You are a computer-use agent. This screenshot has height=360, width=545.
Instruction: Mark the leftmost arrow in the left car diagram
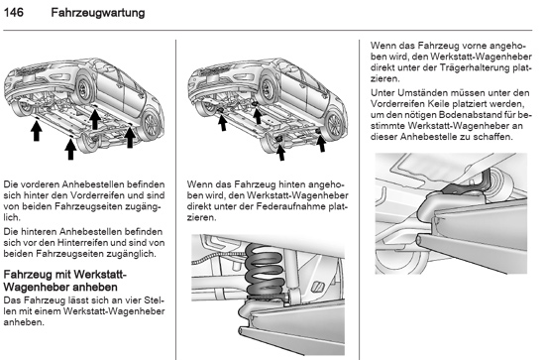pyautogui.click(x=36, y=129)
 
